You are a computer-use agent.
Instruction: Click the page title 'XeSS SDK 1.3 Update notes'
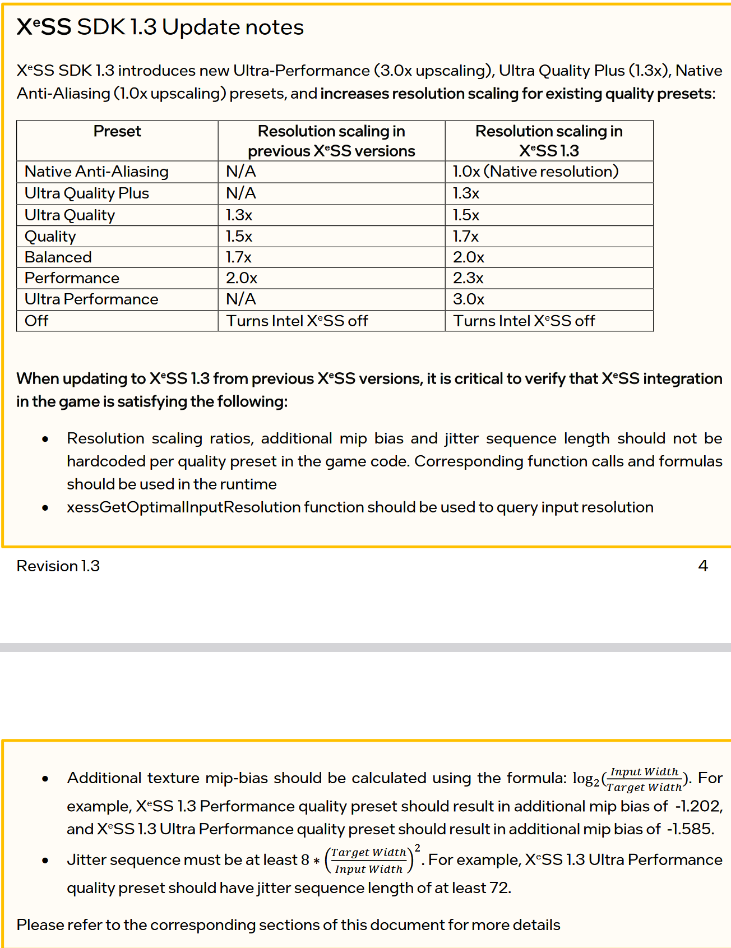160,27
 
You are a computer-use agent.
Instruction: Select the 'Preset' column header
117,131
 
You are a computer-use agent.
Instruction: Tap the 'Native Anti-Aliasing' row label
96,172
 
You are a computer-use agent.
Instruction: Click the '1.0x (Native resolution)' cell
535,172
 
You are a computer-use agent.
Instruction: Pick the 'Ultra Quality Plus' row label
87,193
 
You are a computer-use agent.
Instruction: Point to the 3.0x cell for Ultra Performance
469,299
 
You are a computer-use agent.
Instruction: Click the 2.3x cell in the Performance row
468,278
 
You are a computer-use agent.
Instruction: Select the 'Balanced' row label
58,257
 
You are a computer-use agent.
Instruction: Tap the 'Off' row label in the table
36,321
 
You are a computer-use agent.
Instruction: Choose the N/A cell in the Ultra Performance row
241,299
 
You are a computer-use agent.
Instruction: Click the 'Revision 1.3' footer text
58,566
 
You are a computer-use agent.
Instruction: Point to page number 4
703,566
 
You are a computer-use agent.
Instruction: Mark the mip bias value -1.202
698,806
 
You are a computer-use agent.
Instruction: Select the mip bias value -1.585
690,829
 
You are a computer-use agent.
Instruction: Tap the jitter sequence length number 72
499,888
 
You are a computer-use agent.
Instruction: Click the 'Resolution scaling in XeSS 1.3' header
549,141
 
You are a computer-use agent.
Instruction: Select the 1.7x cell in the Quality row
466,237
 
